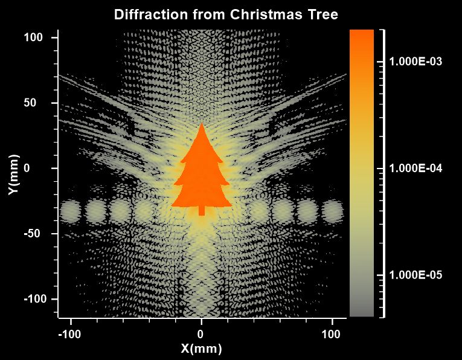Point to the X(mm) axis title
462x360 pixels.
click(x=202, y=349)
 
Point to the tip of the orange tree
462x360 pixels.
click(x=202, y=125)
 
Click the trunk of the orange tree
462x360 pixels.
click(x=202, y=210)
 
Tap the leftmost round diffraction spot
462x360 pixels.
click(x=71, y=211)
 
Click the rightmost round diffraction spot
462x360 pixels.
click(x=332, y=211)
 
